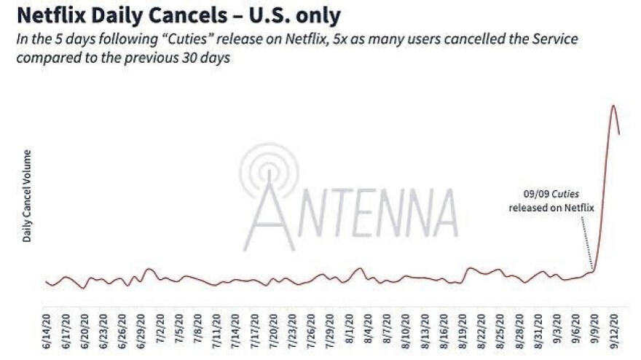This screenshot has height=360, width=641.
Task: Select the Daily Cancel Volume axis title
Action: pyautogui.click(x=27, y=195)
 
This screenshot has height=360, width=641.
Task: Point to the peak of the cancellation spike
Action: pyautogui.click(x=613, y=106)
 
